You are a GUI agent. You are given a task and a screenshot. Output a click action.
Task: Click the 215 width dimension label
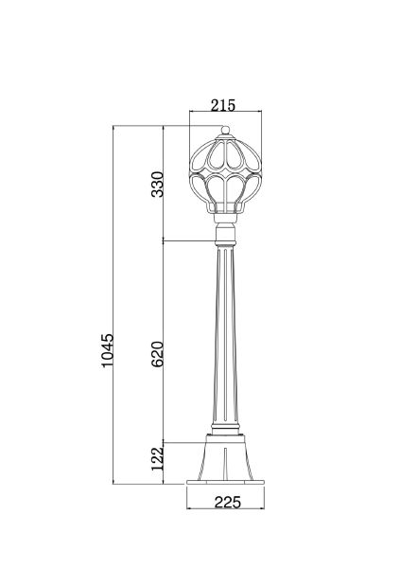point(223,105)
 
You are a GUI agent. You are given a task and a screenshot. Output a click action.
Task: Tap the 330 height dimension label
point(158,185)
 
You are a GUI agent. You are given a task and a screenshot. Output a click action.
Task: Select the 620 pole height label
point(158,354)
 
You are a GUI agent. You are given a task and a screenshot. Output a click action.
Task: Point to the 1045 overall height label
point(108,350)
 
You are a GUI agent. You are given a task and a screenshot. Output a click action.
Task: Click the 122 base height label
point(158,458)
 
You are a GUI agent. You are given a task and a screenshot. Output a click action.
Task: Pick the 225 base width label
point(227,503)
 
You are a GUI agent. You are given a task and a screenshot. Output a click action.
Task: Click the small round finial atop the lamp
point(225,130)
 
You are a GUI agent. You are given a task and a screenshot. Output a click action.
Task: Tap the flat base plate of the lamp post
point(225,482)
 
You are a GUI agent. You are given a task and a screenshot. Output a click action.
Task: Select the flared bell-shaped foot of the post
point(225,457)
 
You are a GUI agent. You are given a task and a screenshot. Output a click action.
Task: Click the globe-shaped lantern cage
point(225,174)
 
